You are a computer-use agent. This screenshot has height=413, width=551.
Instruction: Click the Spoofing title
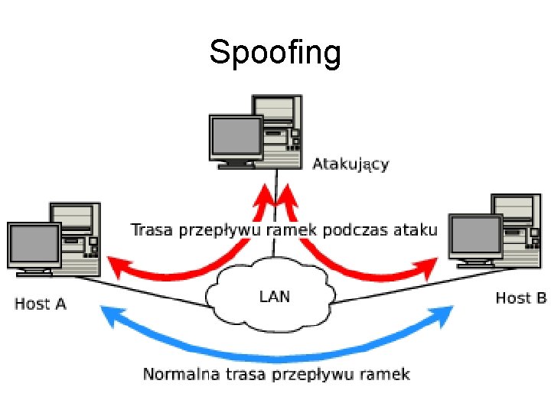coord(275,54)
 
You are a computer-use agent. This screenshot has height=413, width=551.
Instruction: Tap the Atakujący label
coord(350,164)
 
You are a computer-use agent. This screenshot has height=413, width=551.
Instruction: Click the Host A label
coord(41,304)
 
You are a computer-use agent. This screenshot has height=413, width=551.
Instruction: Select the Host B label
coord(521,298)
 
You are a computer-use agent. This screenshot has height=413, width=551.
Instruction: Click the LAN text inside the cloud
coord(275,297)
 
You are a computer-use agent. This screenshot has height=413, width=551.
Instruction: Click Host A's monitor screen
coord(34,243)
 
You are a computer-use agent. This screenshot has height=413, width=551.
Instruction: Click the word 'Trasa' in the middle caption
coord(152,230)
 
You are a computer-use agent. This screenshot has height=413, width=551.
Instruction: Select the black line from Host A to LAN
coord(141,291)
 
